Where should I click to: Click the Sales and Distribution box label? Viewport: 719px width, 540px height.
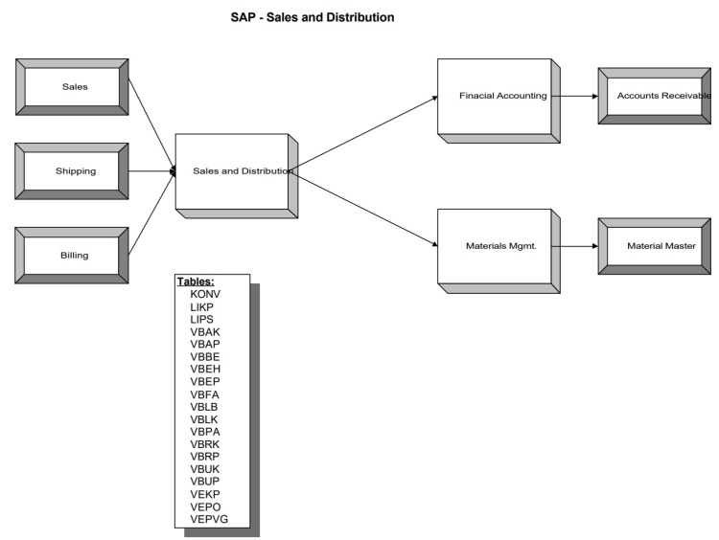tap(243, 171)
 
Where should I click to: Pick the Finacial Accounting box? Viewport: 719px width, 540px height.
tap(502, 96)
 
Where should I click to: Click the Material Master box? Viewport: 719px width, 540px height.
tap(661, 246)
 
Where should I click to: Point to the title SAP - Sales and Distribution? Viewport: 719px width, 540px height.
tap(313, 17)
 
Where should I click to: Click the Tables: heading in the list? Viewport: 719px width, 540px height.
tap(196, 281)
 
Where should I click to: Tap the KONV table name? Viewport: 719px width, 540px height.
tap(205, 294)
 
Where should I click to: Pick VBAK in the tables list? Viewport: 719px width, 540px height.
tap(205, 330)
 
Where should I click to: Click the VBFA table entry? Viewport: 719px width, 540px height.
tap(205, 393)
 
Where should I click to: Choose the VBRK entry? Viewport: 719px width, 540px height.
tap(205, 443)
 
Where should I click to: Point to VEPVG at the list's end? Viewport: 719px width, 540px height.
tap(209, 518)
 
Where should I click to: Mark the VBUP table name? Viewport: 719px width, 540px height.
tap(205, 481)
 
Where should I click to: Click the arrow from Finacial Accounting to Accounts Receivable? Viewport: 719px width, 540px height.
tap(578, 96)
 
